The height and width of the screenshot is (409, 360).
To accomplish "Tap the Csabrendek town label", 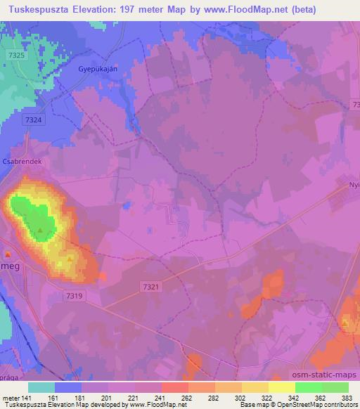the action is [x=23, y=160].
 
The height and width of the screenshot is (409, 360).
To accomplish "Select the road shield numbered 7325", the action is [x=18, y=56].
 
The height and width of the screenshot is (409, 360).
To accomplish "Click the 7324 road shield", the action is [x=33, y=121].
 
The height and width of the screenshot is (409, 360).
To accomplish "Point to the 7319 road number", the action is [x=77, y=296].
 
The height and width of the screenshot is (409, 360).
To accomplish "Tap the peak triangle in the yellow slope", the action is [x=69, y=259].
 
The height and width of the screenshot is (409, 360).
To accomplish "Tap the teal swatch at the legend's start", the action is [x=41, y=387].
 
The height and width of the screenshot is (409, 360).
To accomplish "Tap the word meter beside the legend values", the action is [x=10, y=397].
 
